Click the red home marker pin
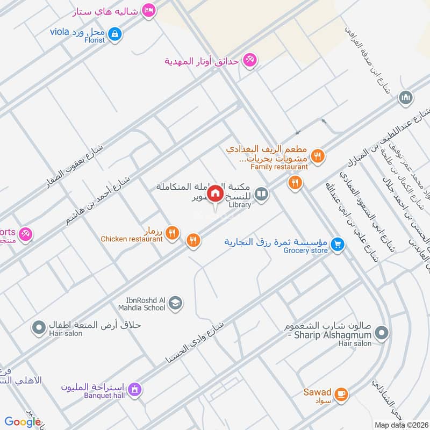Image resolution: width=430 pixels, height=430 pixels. click(x=216, y=193)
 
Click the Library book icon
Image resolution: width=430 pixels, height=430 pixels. click(x=262, y=193)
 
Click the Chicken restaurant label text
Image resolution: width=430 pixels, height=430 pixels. click(x=132, y=239)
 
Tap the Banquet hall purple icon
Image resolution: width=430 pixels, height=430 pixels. click(x=134, y=389)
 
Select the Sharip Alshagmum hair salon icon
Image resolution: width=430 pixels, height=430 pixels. click(x=381, y=333)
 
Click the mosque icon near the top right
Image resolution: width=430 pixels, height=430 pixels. click(x=406, y=98)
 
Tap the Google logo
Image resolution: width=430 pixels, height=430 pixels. click(x=23, y=422)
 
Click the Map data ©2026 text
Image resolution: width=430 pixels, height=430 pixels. click(x=401, y=424)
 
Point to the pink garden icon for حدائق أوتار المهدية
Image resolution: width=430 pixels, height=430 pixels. click(x=249, y=60)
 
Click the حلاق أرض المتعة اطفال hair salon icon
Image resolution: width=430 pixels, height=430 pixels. click(x=38, y=327)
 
